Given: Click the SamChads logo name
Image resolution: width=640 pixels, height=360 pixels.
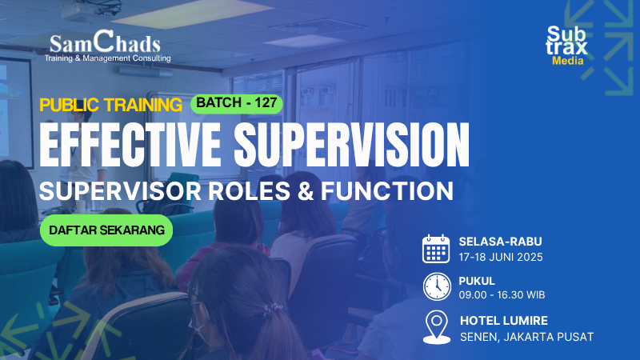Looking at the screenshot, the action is (106, 42).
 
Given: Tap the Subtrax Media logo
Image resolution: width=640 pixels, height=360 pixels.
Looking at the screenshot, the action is (566, 46).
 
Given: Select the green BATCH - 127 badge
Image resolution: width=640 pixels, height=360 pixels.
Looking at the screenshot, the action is (237, 104).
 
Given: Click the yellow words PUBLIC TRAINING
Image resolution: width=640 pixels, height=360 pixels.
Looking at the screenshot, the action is (110, 106).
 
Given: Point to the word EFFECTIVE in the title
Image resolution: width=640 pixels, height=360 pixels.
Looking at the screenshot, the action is (130, 145).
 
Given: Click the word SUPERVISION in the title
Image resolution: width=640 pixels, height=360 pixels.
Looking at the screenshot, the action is (352, 145).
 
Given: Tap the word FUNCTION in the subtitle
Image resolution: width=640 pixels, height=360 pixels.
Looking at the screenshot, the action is (387, 191).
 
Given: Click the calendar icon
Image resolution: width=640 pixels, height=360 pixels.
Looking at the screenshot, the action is (436, 249).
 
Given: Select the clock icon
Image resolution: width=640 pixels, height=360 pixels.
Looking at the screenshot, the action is (437, 286).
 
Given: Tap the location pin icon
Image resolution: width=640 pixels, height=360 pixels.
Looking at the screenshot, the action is (436, 327).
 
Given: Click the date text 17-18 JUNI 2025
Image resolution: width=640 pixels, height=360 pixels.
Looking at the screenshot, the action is (501, 257).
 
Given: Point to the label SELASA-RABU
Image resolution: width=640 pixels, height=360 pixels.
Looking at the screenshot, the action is (501, 242).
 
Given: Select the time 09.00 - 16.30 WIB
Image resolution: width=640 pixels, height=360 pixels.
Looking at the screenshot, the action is (502, 294).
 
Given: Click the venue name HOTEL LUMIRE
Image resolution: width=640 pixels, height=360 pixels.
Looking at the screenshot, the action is (504, 321).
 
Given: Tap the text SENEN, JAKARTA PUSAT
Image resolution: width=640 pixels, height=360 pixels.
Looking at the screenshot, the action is (527, 337).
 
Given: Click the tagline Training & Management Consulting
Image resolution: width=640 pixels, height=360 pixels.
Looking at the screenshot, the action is (108, 58).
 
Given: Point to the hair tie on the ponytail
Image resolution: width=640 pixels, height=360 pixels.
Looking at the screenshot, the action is (274, 309).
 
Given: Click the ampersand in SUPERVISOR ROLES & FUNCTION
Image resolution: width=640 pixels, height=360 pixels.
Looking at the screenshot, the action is (306, 191).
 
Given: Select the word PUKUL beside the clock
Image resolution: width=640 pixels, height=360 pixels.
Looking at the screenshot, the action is (477, 282).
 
